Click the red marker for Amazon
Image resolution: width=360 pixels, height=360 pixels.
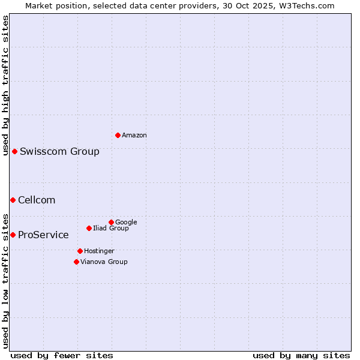click(118, 135)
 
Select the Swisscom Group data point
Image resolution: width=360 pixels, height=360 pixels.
click(14, 151)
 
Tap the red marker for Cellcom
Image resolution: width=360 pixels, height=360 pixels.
click(13, 200)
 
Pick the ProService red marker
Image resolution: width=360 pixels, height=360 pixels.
click(13, 235)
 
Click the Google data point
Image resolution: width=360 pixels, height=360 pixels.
click(111, 222)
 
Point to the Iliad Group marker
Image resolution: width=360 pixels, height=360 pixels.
click(89, 228)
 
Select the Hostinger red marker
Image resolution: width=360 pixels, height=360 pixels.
click(80, 251)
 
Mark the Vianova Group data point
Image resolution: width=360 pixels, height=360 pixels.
click(76, 262)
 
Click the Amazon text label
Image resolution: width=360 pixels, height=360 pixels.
click(134, 136)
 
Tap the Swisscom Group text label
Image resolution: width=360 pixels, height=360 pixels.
click(59, 151)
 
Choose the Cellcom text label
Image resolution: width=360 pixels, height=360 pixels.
click(37, 200)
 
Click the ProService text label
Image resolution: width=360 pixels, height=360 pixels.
click(43, 235)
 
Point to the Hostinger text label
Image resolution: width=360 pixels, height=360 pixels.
click(99, 251)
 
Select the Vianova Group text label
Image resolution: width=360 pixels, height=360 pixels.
click(104, 262)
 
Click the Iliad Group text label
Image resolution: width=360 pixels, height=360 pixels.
click(111, 228)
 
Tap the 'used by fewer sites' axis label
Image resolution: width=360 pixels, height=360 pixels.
click(62, 355)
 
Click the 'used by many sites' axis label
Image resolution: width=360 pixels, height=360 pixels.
click(301, 355)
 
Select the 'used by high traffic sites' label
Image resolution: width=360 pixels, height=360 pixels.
click(5, 85)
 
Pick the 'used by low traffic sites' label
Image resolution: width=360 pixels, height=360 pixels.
click(5, 280)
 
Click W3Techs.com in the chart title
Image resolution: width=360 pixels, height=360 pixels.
click(309, 5)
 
